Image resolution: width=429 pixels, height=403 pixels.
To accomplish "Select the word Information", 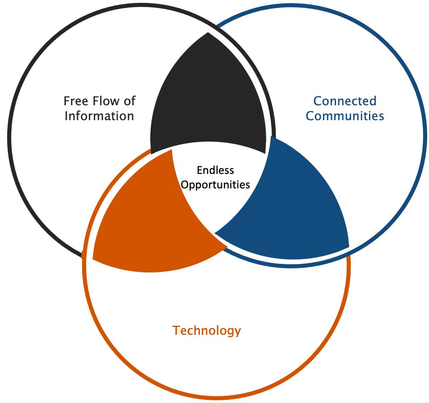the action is [99, 116].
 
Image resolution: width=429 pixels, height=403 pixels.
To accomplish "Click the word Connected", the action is [345, 101].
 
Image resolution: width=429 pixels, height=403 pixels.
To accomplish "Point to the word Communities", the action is [345, 116].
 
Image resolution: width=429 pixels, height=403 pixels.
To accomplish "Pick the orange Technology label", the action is [207, 331].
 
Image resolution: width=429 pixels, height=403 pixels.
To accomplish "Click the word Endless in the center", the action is [215, 170].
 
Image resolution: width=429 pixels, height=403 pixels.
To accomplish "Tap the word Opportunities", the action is [215, 185].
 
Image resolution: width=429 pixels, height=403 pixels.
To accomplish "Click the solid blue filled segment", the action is [293, 208].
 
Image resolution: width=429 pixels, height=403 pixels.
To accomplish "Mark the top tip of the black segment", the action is [208, 33].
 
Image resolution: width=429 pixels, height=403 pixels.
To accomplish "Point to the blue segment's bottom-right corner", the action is [349, 247].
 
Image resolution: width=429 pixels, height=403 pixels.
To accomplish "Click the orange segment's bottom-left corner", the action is [93, 258].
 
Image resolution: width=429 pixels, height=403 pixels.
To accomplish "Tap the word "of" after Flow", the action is [129, 101].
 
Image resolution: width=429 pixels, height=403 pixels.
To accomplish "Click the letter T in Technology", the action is [176, 330].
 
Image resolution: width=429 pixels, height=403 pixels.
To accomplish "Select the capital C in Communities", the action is [310, 116].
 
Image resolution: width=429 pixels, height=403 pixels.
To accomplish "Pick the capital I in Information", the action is [66, 116].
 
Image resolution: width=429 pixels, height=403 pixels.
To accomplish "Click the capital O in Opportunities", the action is [185, 184].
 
